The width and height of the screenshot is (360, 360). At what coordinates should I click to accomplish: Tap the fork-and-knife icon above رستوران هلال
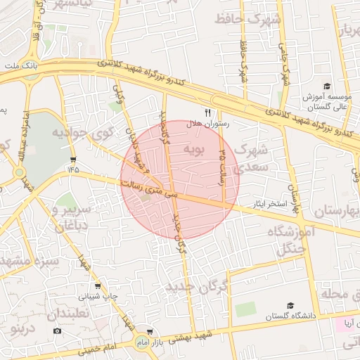pyautogui.click(x=207, y=112)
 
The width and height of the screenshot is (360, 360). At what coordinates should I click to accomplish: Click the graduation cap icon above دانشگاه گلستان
pyautogui.click(x=289, y=306)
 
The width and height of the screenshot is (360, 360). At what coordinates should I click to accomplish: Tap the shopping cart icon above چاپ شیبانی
pyautogui.click(x=98, y=286)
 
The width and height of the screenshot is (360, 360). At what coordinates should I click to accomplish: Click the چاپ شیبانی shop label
pyautogui.click(x=98, y=297)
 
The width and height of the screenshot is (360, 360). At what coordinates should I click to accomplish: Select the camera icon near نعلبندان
pyautogui.click(x=58, y=330)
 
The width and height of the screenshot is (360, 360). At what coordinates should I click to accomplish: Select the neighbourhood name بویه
pyautogui.click(x=193, y=150)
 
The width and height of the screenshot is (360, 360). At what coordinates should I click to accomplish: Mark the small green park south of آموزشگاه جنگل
pyautogui.click(x=245, y=309)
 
